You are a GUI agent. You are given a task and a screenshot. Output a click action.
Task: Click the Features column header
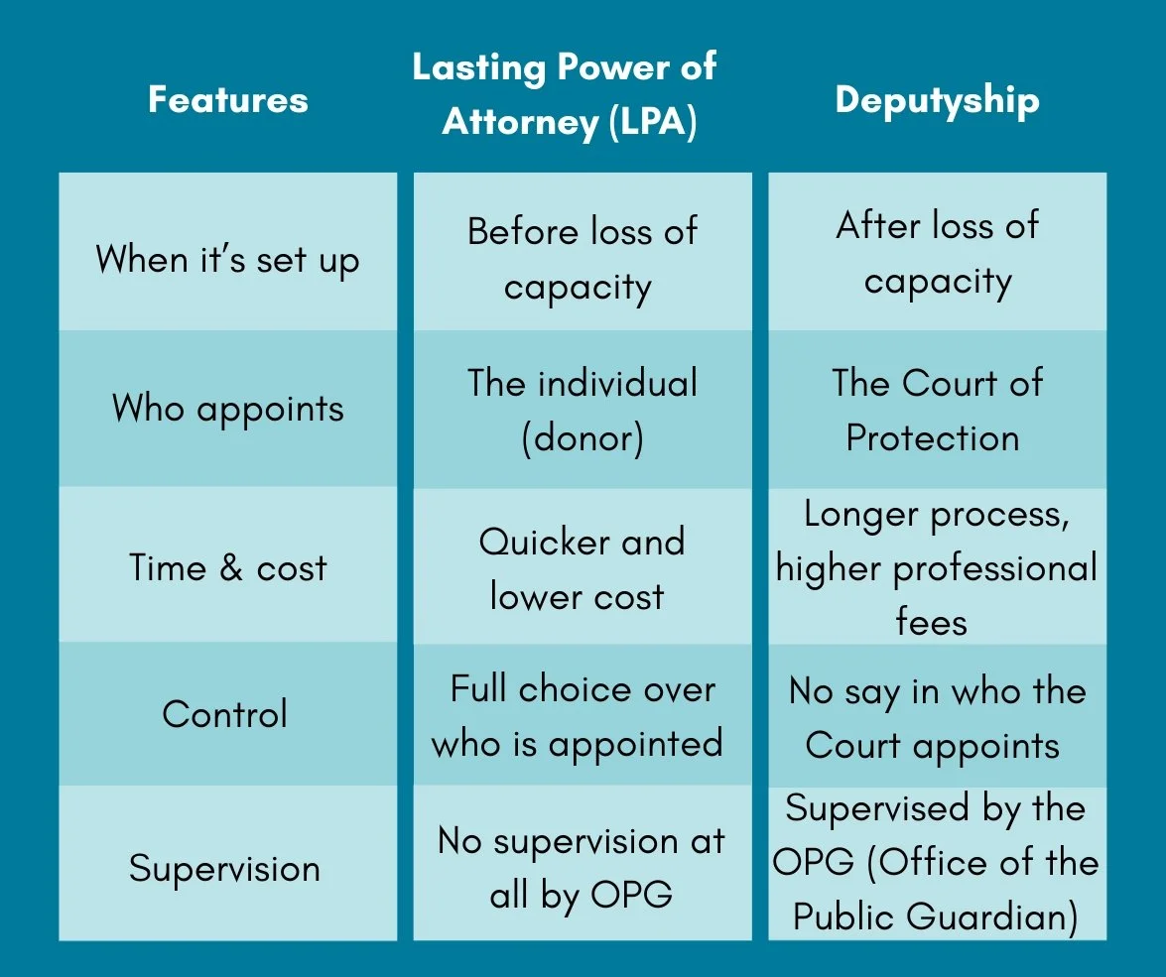228,100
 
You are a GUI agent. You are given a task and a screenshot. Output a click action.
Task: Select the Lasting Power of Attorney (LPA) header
565,95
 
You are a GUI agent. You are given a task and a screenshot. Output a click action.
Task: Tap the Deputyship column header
937,100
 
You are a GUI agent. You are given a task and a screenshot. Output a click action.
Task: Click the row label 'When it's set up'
228,260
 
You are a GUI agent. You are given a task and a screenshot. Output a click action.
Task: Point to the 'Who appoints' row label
228,408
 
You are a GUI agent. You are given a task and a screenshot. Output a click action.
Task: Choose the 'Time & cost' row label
228,567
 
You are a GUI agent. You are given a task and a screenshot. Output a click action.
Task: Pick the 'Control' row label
225,714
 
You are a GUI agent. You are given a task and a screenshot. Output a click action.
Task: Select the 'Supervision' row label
225,869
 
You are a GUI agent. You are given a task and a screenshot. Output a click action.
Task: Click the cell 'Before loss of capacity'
582,258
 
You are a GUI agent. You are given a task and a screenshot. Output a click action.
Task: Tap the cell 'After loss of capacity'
937,253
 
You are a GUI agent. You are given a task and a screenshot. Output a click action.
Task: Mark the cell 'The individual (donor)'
582,411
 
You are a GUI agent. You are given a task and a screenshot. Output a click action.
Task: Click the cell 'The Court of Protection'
936,410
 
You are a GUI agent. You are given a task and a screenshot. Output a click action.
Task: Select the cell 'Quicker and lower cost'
582,568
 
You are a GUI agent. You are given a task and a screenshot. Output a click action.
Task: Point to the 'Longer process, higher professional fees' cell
936,567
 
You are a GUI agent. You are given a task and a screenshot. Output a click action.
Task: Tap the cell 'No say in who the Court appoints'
936,717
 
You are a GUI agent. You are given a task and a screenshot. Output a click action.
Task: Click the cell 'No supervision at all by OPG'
582,868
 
